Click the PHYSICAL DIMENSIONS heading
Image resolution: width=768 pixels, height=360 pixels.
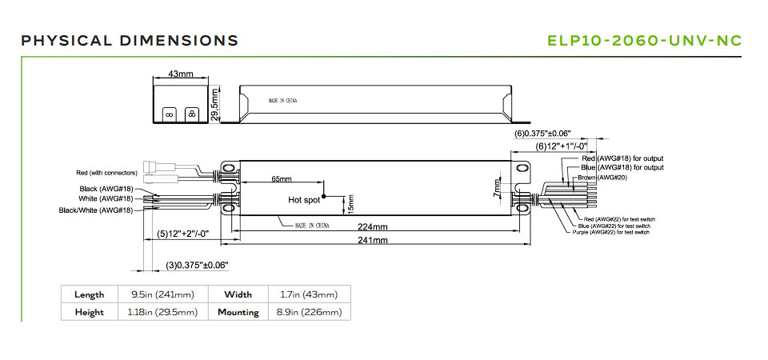point(130,40)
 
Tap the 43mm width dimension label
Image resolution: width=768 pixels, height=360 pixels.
point(182,74)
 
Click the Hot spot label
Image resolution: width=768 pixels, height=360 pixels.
point(303,199)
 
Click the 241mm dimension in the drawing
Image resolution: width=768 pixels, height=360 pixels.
point(374,240)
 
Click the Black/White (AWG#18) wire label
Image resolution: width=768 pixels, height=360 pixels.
point(96,210)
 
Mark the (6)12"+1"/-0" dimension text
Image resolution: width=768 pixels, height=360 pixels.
point(562,146)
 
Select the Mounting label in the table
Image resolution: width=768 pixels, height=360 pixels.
point(238,312)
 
